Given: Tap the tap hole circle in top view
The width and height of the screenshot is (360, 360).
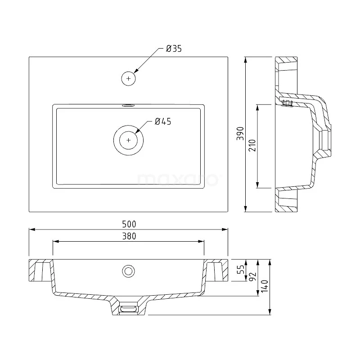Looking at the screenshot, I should [x=129, y=78].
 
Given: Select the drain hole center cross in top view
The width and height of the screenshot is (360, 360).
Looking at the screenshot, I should [x=129, y=140].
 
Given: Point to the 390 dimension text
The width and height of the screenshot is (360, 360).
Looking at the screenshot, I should [x=240, y=134].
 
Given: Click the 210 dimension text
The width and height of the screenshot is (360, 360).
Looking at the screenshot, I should [x=252, y=145].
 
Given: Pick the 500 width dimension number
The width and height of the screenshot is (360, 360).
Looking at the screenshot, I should [x=128, y=224].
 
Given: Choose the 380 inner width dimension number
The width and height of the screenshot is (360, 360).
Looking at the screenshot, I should [x=128, y=236].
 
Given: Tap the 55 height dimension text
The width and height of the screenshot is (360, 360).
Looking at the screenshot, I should [x=241, y=270].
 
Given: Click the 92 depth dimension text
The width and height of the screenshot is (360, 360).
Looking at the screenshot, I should [x=252, y=276].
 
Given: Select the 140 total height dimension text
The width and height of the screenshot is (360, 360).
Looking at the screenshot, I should [x=265, y=286].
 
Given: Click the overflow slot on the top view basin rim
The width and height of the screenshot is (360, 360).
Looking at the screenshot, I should [x=128, y=105].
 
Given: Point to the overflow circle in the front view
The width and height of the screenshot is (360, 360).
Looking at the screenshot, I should [x=128, y=270].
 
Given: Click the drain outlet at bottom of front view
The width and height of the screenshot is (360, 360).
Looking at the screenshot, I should [x=129, y=308].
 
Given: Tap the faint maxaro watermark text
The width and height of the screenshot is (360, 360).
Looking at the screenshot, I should [x=178, y=179].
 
